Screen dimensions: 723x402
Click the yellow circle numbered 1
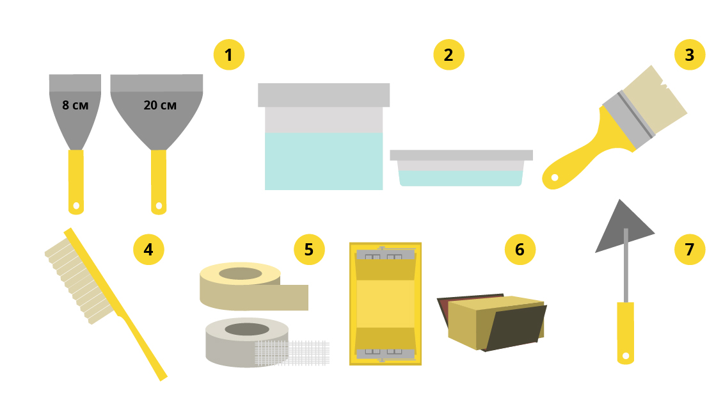pyautogui.click(x=228, y=55)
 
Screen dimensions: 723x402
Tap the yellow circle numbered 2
pyautogui.click(x=449, y=55)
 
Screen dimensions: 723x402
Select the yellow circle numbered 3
pyautogui.click(x=690, y=55)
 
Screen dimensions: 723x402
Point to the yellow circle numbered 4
pyautogui.click(x=148, y=250)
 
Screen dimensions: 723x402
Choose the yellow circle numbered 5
pyautogui.click(x=310, y=250)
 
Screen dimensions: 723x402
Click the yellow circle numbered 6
pyautogui.click(x=520, y=250)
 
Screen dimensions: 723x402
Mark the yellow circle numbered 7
pyautogui.click(x=690, y=250)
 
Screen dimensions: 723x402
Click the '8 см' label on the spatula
pyautogui.click(x=75, y=105)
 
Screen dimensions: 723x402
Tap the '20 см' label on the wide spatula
pyautogui.click(x=160, y=105)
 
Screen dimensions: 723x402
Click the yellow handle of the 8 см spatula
pyautogui.click(x=76, y=182)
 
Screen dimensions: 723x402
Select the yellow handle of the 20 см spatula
pyautogui.click(x=159, y=182)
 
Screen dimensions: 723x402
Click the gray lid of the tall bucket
pyautogui.click(x=324, y=95)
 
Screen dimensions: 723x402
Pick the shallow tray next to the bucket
pyautogui.click(x=461, y=168)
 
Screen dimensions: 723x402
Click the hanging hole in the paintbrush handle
pyautogui.click(x=555, y=178)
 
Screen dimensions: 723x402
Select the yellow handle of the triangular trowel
pyautogui.click(x=626, y=333)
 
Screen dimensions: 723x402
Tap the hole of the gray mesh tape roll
pyautogui.click(x=247, y=329)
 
